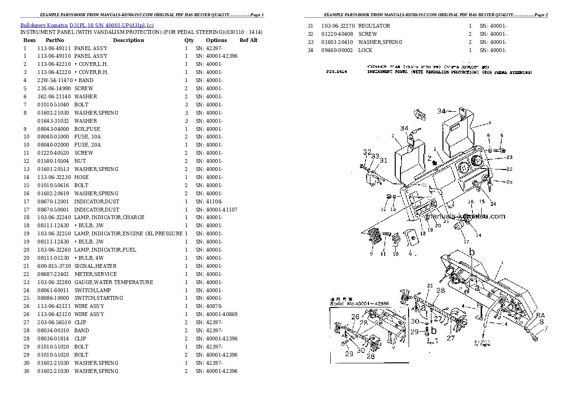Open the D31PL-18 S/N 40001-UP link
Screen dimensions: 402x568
point(111,25)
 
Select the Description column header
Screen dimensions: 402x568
point(128,40)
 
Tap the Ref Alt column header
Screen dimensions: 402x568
point(248,40)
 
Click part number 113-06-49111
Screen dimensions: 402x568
point(54,48)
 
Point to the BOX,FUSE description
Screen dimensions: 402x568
point(87,129)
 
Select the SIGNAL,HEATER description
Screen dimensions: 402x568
point(95,266)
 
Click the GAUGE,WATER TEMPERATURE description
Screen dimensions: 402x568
point(114,282)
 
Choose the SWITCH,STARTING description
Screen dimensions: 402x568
point(98,298)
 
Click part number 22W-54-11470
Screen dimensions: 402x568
point(55,80)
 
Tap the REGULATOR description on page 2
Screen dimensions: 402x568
point(374,26)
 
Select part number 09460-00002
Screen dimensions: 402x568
point(337,50)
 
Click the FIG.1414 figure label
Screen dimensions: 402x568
point(337,72)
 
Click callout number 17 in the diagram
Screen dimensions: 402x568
point(466,242)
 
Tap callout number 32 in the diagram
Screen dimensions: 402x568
point(366,152)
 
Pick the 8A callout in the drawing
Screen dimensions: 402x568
point(540,316)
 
